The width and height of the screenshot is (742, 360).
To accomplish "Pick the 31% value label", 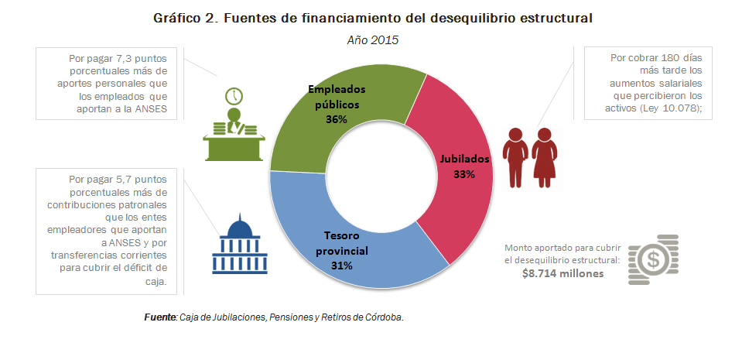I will click(x=342, y=266).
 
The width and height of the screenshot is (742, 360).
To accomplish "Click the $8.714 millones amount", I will click(x=562, y=273).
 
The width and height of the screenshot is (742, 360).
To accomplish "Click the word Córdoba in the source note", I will click(x=382, y=318).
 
